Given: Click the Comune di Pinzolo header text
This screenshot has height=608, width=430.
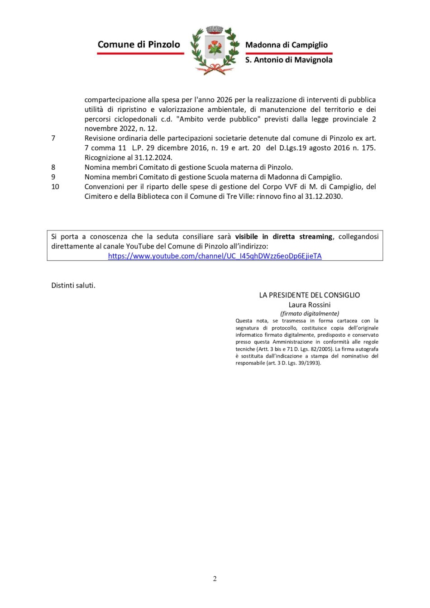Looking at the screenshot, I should pos(139,44).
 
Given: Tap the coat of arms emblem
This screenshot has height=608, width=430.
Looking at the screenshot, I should pos(215,50).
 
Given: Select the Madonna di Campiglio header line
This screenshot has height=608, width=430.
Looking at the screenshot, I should pos(286,45).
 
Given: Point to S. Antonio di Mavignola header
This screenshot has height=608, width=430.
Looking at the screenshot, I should pos(289,60).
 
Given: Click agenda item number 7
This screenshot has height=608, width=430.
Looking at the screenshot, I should pos(53,138).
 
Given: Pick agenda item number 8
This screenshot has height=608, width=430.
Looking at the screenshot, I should pos(53,167).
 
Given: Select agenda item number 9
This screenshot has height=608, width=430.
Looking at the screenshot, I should pos(53,177).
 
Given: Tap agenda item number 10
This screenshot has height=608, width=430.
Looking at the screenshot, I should pos(55,187).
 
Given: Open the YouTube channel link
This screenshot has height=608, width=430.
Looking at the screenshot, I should pos(215,256).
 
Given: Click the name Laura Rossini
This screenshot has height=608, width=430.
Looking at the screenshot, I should pos(310,305).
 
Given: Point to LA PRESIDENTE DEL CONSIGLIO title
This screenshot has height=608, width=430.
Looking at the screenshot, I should pos(310,295).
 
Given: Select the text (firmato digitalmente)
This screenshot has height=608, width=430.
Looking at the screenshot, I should pos(310,313).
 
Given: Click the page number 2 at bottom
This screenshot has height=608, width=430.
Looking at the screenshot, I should pos(215,579).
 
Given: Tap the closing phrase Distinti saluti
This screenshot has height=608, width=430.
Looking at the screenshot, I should pos(73,285).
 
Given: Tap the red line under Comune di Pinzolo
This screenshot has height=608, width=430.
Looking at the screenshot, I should pos(140,53).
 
